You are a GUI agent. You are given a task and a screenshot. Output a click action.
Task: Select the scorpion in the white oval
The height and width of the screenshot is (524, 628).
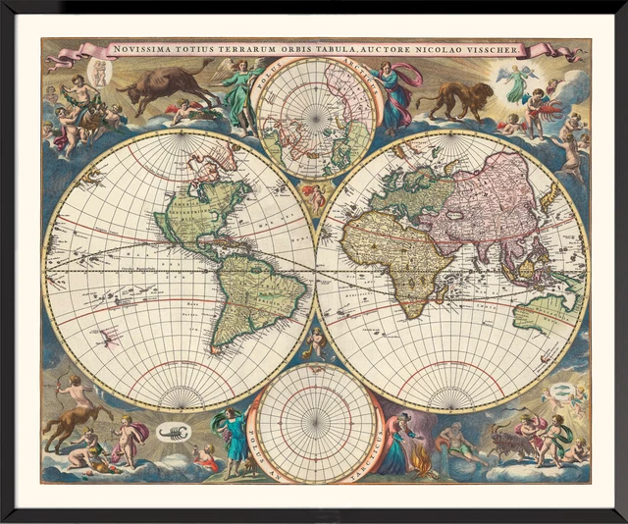173,432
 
